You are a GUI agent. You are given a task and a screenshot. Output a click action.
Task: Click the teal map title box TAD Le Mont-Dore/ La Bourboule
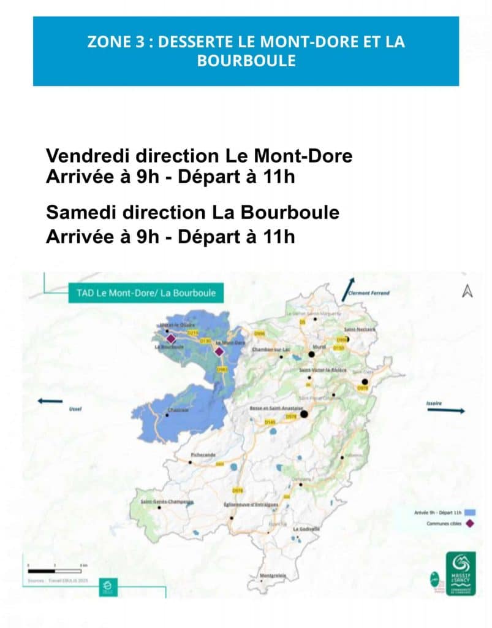[x=146, y=293]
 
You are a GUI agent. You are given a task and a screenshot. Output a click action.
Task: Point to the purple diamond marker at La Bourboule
[x=171, y=339]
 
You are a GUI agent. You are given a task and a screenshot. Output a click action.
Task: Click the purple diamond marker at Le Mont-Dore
[x=218, y=351]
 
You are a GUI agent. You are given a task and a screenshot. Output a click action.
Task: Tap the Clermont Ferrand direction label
[x=368, y=293]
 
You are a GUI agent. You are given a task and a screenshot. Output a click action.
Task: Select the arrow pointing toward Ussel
[x=50, y=401]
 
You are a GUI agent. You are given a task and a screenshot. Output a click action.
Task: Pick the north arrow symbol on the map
[x=467, y=291]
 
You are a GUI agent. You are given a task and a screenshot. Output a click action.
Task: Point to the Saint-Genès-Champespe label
[x=167, y=502]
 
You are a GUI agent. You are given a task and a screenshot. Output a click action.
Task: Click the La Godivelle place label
[x=306, y=529]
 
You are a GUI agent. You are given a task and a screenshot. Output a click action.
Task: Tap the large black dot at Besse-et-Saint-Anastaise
[x=303, y=415]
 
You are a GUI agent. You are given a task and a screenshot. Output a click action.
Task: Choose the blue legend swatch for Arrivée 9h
[x=471, y=511]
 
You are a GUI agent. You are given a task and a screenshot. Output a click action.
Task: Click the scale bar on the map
[x=55, y=570]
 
